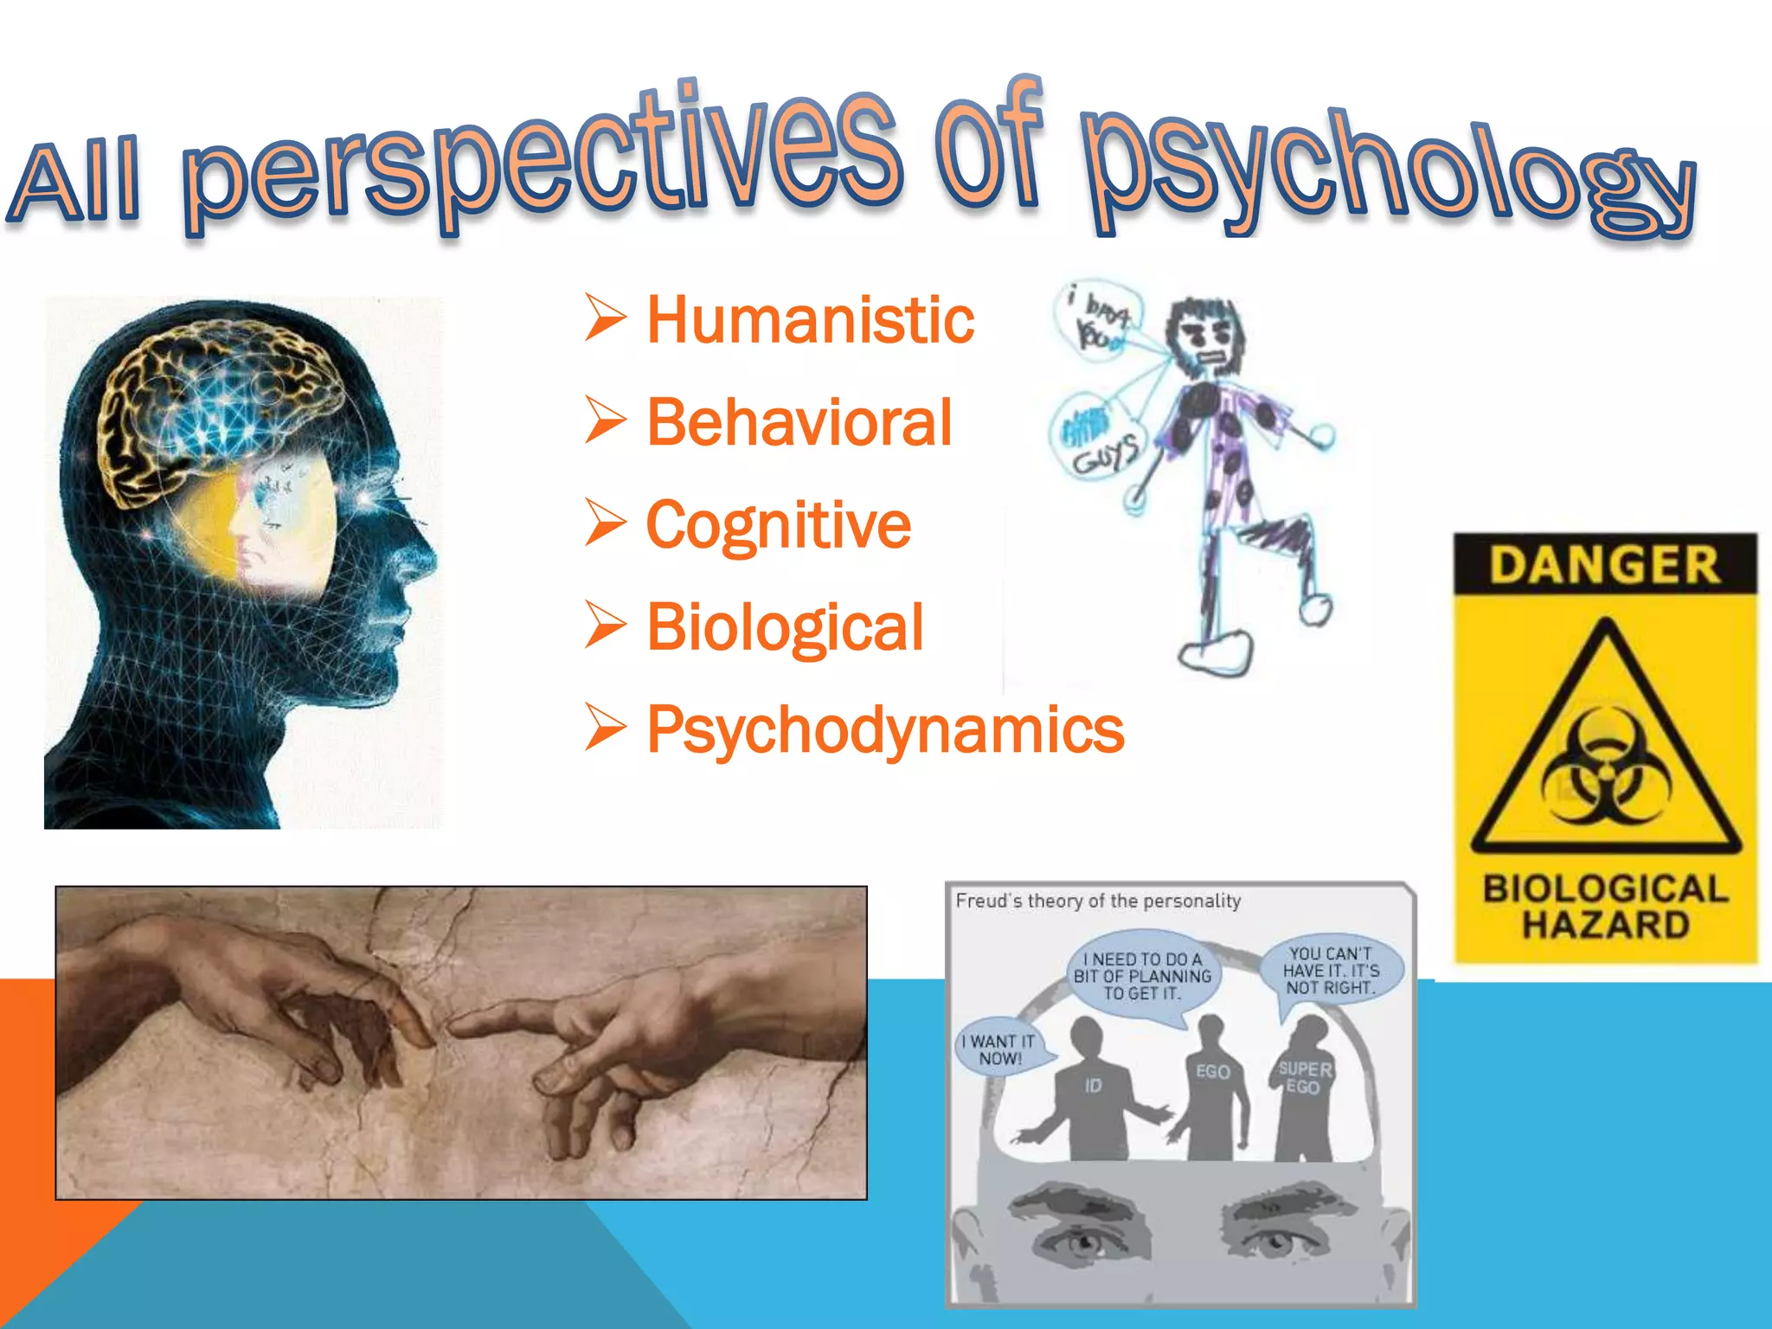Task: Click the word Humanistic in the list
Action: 811,320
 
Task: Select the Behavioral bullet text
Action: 799,422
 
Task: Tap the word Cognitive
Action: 779,525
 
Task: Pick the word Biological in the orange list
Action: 785,627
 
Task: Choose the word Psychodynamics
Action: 885,729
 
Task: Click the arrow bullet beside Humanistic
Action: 605,318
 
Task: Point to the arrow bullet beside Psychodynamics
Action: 605,727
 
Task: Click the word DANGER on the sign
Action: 1604,564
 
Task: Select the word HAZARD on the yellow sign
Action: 1606,926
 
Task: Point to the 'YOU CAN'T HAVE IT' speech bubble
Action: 1330,971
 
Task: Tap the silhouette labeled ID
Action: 1092,1095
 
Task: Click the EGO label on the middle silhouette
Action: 1213,1071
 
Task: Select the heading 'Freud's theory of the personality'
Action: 1098,901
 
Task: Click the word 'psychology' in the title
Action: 1384,173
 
